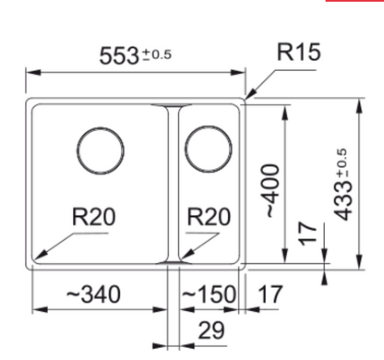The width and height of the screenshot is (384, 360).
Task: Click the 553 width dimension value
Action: [119, 56]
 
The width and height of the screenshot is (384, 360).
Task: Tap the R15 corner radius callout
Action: [299, 52]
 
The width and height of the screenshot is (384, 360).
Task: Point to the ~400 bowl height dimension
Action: [270, 190]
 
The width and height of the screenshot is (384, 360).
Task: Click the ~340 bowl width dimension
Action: [93, 294]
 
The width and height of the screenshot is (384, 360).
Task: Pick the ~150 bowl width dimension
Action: [209, 294]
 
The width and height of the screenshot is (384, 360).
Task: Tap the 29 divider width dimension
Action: [211, 330]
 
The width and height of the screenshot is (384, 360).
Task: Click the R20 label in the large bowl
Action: [93, 217]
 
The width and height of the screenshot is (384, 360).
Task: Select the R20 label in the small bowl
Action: [209, 217]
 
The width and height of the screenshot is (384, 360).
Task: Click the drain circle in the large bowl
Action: [101, 127]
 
